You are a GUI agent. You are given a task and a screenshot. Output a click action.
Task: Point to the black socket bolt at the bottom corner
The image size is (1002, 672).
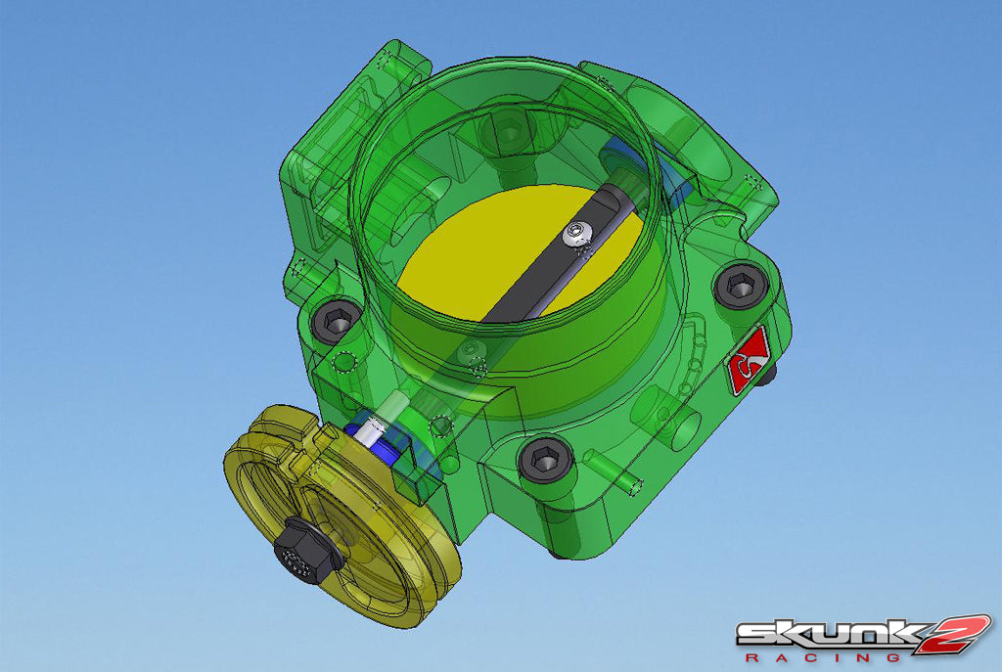click(544, 459)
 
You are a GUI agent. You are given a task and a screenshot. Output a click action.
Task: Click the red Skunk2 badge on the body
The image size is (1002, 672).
click(749, 361)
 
